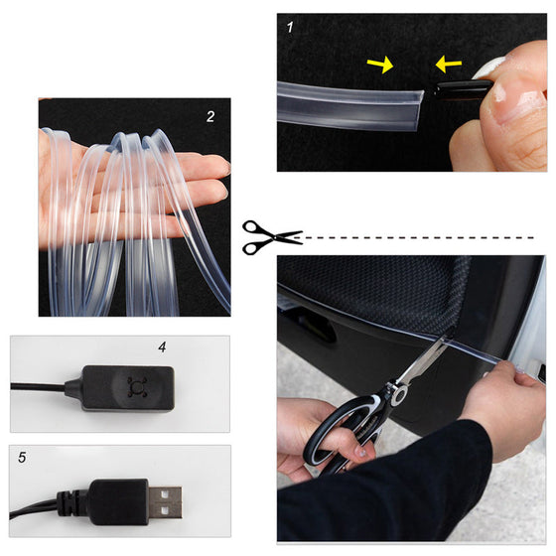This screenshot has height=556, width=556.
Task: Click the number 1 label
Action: [x=290, y=28]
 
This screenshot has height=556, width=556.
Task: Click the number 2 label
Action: [x=210, y=116]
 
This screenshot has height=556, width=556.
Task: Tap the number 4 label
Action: [x=160, y=348]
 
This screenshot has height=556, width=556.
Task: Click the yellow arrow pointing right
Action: [x=379, y=66]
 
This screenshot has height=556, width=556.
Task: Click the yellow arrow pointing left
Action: [x=448, y=66]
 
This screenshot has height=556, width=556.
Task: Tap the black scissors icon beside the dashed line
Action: [x=271, y=236]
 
